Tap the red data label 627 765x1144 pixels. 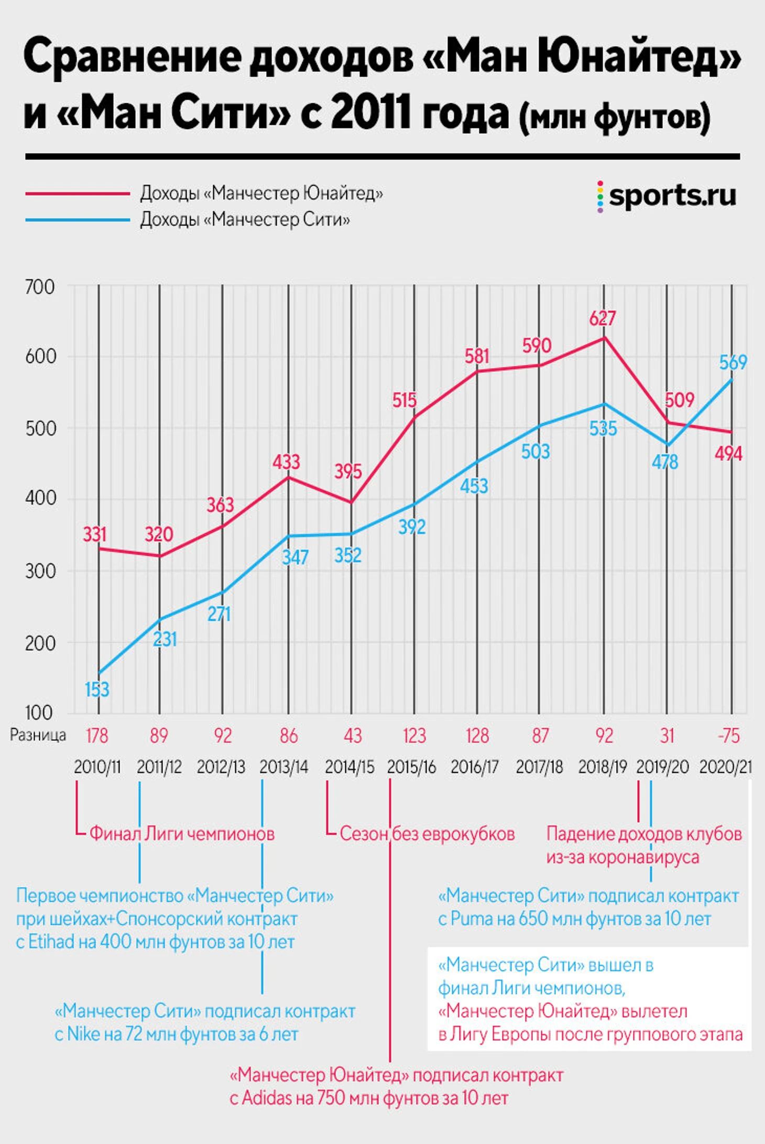pos(603,318)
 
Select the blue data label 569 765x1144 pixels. pos(733,362)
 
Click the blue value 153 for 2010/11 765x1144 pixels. pos(97,689)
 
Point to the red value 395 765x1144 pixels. pos(348,471)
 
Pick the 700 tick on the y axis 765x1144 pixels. pos(40,287)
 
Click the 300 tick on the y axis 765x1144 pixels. pos(40,571)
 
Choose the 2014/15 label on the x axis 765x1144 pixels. pos(349,767)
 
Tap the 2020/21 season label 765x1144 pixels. pos(726,767)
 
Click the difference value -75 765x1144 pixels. pos(728,736)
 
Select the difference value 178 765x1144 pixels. pos(97,736)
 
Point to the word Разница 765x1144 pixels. pos(38,735)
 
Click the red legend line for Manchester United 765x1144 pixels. pos(78,193)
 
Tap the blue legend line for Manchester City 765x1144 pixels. pos(78,220)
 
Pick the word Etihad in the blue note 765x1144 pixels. pos(51,942)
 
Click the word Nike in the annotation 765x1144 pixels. pos(83,1034)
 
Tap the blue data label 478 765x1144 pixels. pos(664,462)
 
